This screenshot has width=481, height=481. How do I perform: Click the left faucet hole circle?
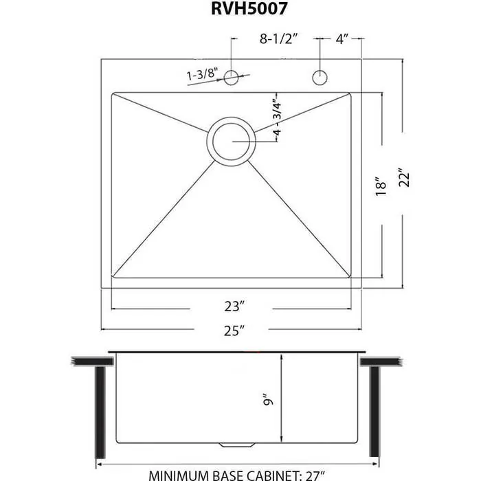coord(232,78)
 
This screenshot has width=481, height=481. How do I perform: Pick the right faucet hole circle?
coord(320,78)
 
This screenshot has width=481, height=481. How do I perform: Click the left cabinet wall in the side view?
coord(101,412)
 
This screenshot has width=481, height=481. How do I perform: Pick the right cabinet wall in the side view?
coord(374,412)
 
